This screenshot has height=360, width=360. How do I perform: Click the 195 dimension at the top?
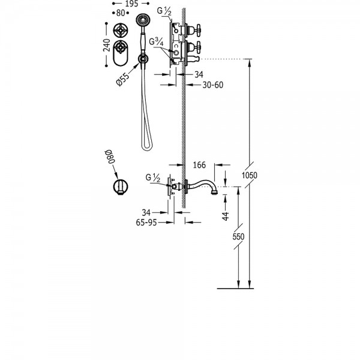click(x=132, y=4)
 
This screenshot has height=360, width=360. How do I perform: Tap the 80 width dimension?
click(x=121, y=13)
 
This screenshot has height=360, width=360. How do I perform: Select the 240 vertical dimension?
click(x=107, y=45)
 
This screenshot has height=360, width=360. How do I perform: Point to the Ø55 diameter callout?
click(x=123, y=79)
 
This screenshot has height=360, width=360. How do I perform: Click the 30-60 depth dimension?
click(x=213, y=85)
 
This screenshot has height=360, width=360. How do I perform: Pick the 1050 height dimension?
click(x=250, y=175)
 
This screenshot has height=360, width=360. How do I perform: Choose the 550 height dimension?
click(x=238, y=236)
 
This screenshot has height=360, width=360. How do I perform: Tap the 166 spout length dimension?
click(x=199, y=165)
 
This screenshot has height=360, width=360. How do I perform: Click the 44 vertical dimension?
click(x=226, y=216)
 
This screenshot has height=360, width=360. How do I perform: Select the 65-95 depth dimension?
click(x=146, y=222)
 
